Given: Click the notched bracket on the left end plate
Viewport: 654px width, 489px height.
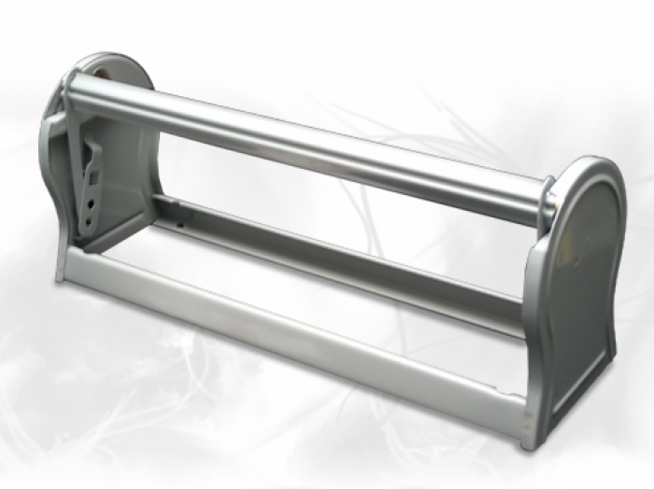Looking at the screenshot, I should (x=94, y=187).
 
